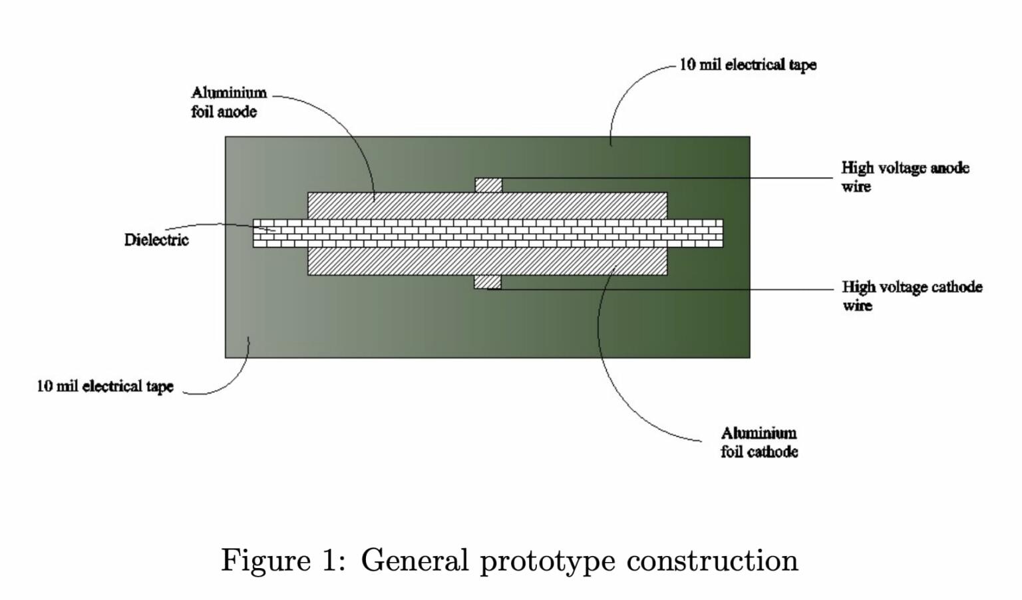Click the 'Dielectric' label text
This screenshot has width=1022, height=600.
[x=156, y=240]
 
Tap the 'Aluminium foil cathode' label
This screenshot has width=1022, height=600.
[x=759, y=442]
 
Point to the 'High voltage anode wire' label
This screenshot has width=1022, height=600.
[x=905, y=176]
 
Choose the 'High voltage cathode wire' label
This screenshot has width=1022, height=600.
[x=912, y=296]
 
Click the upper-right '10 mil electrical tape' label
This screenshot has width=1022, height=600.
[x=747, y=65]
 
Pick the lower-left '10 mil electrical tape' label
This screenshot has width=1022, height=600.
[x=105, y=386]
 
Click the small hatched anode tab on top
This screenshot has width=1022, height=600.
[x=488, y=185]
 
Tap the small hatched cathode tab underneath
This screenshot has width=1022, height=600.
[x=487, y=282]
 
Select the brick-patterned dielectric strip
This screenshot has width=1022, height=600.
[x=488, y=233]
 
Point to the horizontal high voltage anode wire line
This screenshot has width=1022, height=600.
[x=665, y=178]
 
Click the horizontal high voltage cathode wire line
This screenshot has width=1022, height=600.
[x=665, y=289]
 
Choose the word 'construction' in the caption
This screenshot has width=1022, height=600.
[x=712, y=560]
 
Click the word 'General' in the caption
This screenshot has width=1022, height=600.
[x=415, y=560]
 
